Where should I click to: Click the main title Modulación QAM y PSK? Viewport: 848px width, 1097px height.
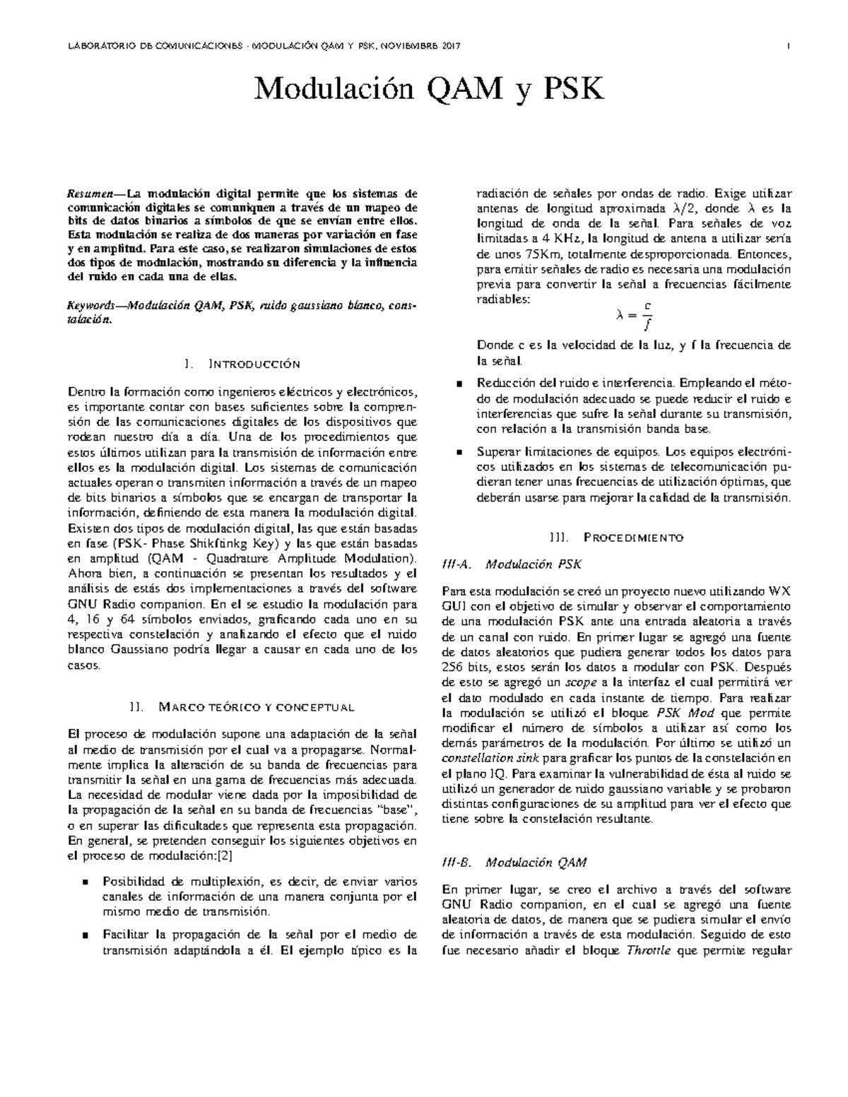click(x=430, y=89)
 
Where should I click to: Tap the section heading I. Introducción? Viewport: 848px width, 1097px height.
click(x=242, y=364)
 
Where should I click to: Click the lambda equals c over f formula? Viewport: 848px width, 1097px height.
click(x=632, y=315)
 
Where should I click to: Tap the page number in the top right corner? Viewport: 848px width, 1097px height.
click(x=787, y=46)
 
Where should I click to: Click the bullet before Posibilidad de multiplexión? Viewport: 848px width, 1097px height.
click(x=86, y=882)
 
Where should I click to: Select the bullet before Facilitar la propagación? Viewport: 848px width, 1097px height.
click(x=86, y=935)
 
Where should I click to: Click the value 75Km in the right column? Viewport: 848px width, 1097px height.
click(x=542, y=254)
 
